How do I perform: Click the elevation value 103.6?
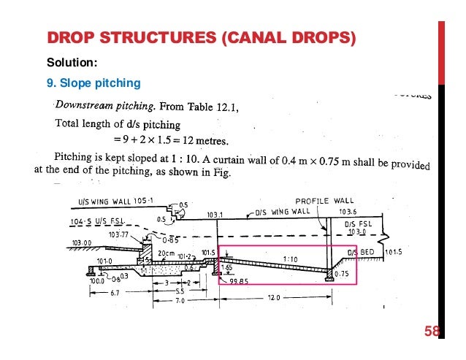point(349,212)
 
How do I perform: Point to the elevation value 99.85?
point(240,280)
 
